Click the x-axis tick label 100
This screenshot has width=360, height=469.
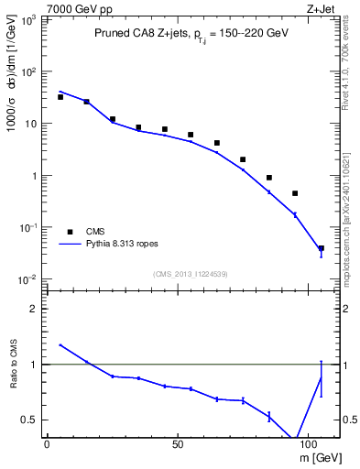tap(311, 444)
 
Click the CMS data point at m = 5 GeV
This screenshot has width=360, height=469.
tap(60, 97)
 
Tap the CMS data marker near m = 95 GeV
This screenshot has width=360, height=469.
tap(295, 193)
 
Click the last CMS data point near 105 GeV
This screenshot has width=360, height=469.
tap(321, 248)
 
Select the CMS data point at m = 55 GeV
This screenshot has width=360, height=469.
tap(191, 135)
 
